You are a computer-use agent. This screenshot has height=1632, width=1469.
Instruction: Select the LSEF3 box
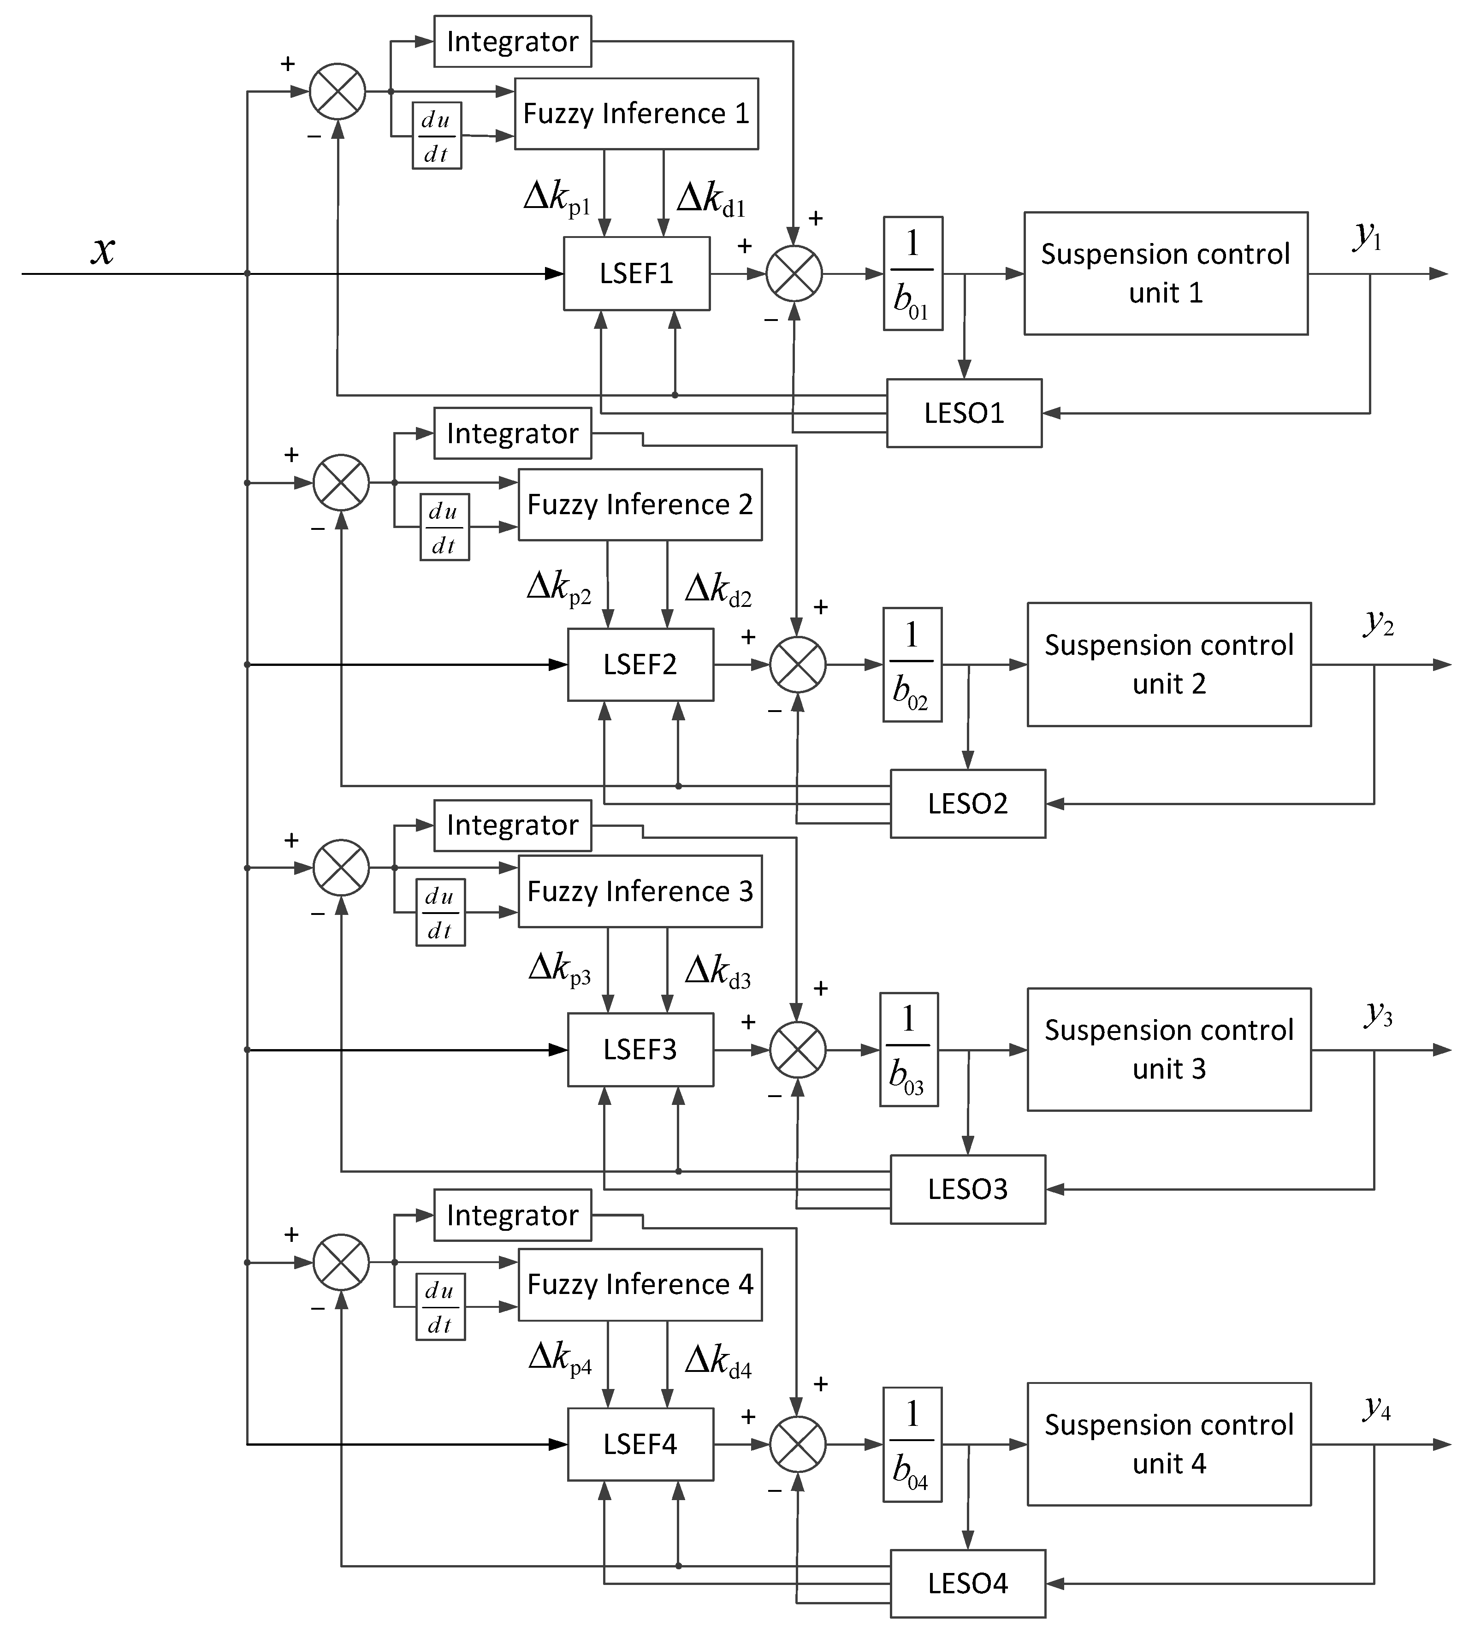[x=640, y=1049]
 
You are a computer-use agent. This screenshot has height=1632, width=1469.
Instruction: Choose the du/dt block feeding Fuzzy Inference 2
[x=444, y=528]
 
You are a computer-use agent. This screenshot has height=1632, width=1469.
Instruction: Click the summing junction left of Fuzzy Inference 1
[x=338, y=91]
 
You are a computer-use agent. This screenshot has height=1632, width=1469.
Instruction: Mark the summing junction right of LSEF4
[x=798, y=1444]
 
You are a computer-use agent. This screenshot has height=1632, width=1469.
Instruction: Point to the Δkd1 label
[x=710, y=199]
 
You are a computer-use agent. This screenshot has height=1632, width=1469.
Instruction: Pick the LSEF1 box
[x=636, y=273]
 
